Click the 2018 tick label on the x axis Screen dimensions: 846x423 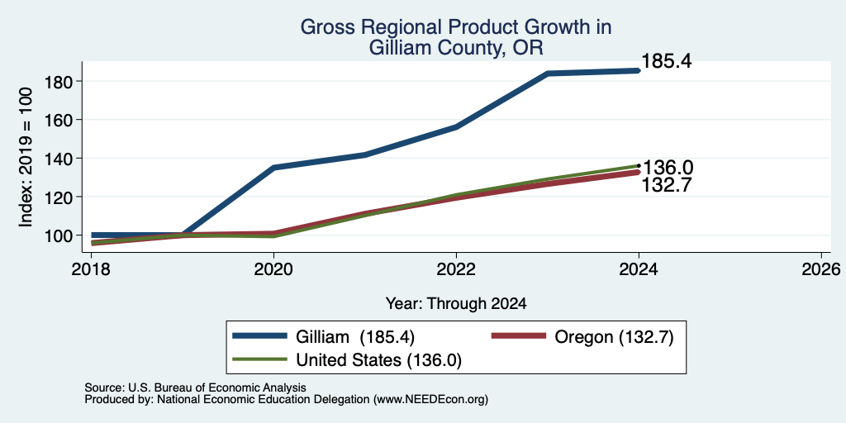[x=92, y=269]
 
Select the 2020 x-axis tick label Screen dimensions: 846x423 [x=274, y=269]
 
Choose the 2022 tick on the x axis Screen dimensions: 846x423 [x=456, y=269]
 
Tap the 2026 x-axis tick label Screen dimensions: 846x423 [x=821, y=269]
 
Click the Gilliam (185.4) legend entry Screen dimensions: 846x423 [x=323, y=337]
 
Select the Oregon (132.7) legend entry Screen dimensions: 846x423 [x=582, y=337]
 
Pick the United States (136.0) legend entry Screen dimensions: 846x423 [x=347, y=360]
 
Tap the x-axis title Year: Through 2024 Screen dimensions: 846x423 [x=456, y=304]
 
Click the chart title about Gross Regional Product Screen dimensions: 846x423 [x=456, y=37]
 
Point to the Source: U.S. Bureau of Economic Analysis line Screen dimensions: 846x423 [x=195, y=387]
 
